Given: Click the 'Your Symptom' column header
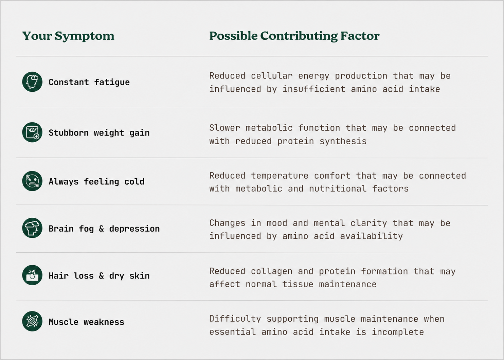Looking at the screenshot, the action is point(68,36).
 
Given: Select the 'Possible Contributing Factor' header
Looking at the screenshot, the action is point(294,36).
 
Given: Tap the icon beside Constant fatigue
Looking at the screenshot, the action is point(32,82).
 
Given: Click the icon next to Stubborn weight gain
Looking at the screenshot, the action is point(32,132).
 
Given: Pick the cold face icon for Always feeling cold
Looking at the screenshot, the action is point(32,181).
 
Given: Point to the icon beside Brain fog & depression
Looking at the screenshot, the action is point(32,228).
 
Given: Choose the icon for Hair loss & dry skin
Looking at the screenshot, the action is point(32,275).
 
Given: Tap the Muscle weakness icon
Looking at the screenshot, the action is point(32,321).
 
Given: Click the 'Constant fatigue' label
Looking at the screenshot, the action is point(89,83).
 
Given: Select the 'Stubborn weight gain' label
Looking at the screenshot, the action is point(99,133).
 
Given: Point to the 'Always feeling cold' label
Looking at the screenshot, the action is point(96,182).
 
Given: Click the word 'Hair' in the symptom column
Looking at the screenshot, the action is point(58,276).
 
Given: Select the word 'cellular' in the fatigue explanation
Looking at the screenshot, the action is point(272,76).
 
